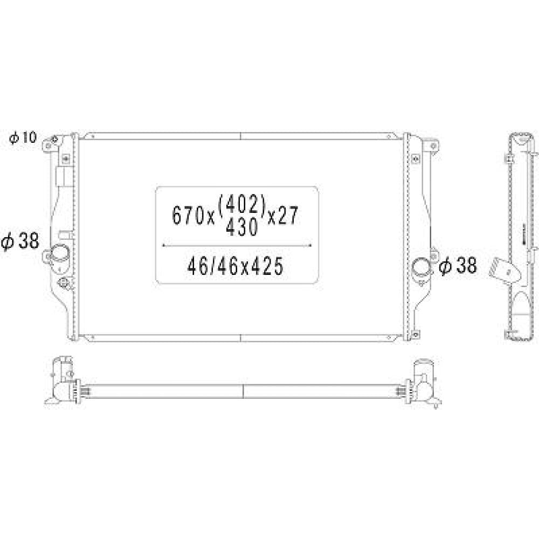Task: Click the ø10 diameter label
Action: pos(23,137)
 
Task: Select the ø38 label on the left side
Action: pos(20,241)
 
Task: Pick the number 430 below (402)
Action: pos(242,227)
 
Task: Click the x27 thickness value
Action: pos(282,216)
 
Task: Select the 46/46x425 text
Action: pos(236,266)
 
